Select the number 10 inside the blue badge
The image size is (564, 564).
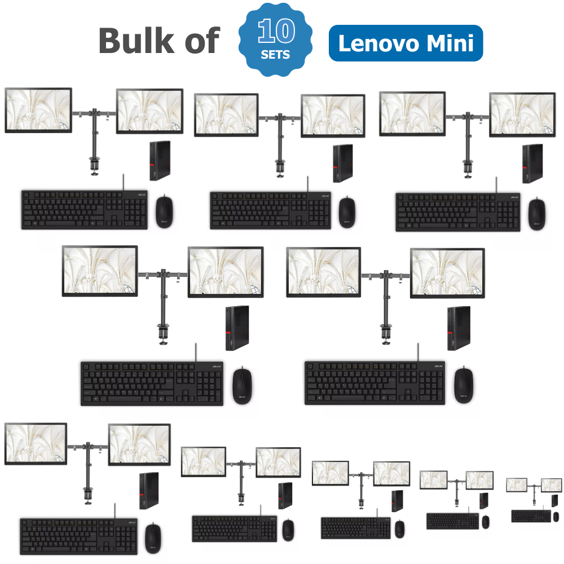(276, 31)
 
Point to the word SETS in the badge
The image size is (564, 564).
(275, 55)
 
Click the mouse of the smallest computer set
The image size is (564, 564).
(556, 517)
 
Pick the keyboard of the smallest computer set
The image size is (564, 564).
(531, 516)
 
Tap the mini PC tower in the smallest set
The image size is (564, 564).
(554, 500)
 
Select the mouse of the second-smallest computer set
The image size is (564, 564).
(486, 522)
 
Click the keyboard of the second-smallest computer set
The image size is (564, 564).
(453, 521)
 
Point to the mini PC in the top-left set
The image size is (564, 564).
(160, 160)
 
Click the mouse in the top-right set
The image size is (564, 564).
(537, 214)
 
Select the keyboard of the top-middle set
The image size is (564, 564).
(271, 210)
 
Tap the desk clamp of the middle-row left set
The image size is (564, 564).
(164, 334)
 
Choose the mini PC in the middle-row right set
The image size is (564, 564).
(459, 328)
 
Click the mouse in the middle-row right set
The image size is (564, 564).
(464, 385)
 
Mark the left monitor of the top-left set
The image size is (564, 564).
(38, 110)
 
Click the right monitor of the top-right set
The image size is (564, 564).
(522, 114)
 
